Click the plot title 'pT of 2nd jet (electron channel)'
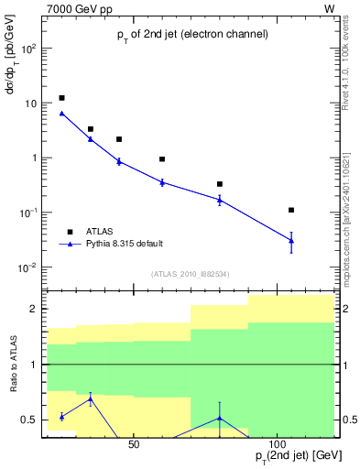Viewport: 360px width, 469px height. click(191, 34)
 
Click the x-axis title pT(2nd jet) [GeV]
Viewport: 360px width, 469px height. click(289, 455)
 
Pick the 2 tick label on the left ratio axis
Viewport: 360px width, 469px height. click(32, 310)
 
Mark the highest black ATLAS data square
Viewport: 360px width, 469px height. click(61, 98)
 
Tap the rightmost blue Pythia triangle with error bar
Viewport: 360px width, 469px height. click(291, 240)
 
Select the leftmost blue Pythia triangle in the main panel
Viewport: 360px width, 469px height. click(61, 114)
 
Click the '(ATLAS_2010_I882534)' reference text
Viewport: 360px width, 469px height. click(191, 274)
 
